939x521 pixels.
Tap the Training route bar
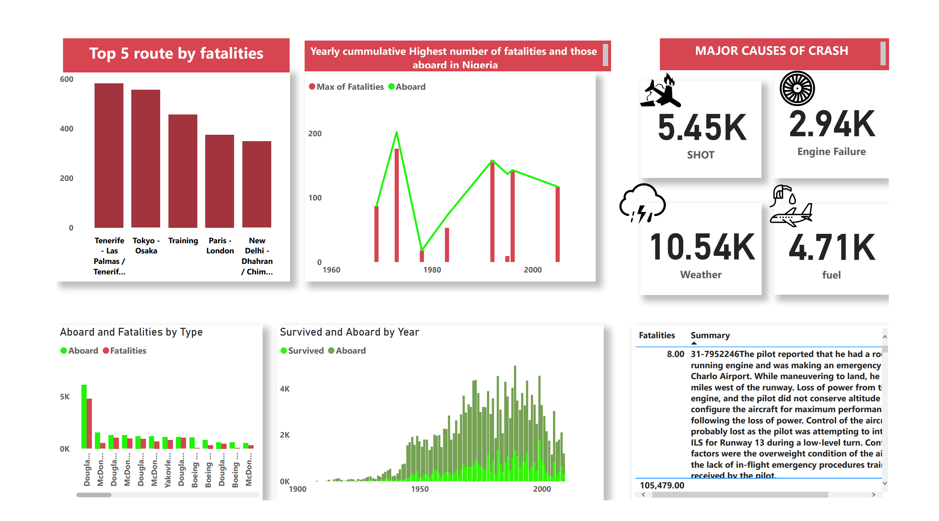coord(183,171)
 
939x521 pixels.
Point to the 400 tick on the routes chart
coord(66,129)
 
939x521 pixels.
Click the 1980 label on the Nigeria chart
coord(432,270)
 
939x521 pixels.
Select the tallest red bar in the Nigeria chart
coord(397,205)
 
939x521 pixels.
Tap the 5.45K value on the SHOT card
coord(702,128)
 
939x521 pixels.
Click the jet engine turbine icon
coord(797,89)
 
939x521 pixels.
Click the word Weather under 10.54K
coord(700,275)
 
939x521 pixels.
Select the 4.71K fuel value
coord(832,247)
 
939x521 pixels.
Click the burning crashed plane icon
coord(660,92)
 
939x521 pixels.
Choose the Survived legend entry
coord(302,351)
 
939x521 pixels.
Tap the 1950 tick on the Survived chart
coord(419,489)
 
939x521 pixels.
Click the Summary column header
coord(710,336)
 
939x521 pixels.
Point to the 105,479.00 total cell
coord(662,485)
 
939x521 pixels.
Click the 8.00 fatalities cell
coord(675,354)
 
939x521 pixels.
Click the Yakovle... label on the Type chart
coord(168,470)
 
